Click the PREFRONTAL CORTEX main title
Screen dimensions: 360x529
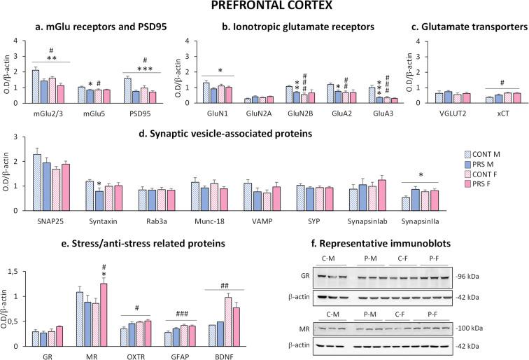[264, 8]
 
